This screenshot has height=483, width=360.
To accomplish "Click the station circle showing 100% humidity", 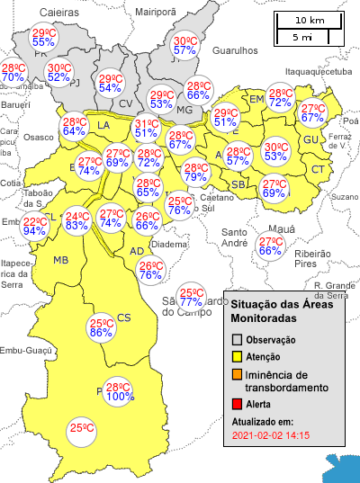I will click(121, 390).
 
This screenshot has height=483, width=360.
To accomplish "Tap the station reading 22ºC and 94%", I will click(35, 226).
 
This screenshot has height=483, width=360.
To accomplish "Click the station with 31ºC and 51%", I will click(147, 128).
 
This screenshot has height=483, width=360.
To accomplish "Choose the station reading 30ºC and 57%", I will click(185, 45).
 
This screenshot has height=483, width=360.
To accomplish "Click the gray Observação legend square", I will click(238, 340).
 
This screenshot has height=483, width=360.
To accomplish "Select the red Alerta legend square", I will click(238, 405).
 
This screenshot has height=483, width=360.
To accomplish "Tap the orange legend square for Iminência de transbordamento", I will click(238, 374).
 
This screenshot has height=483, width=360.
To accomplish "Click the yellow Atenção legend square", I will click(238, 356).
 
